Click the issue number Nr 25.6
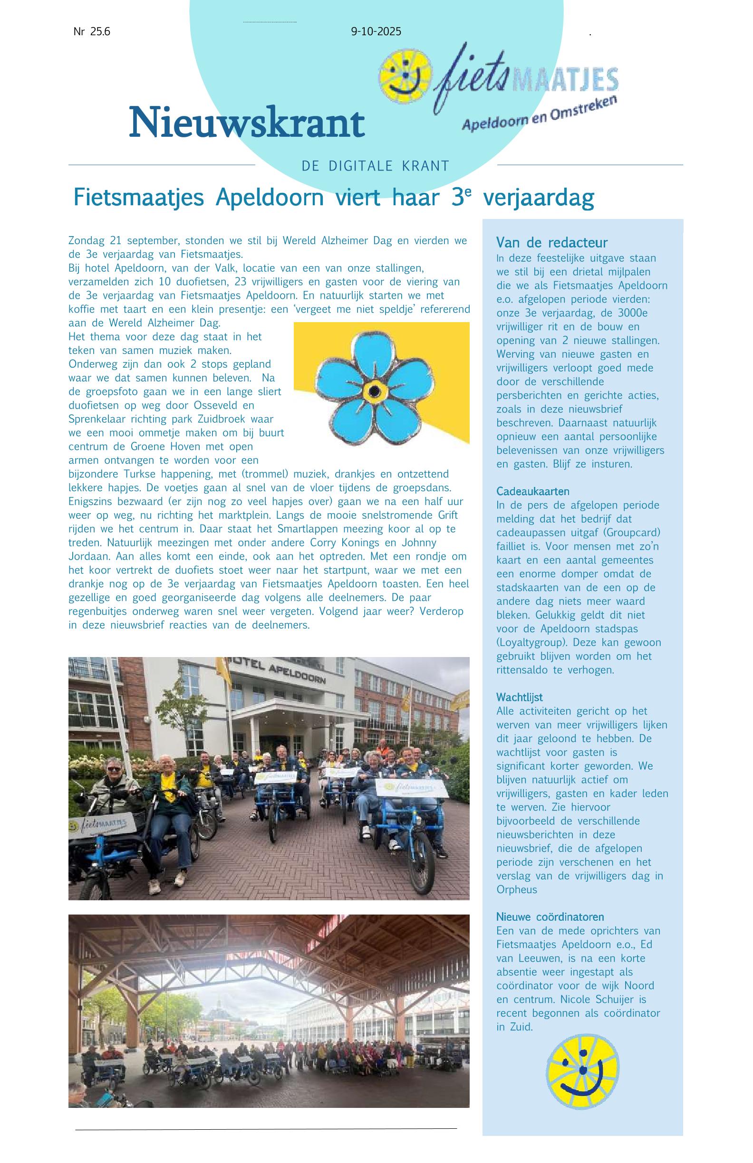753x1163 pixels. click(92, 32)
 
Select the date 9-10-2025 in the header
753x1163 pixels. click(376, 32)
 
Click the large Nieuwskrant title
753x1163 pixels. click(246, 122)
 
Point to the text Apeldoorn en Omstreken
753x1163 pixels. click(540, 113)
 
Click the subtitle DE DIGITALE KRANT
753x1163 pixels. click(375, 166)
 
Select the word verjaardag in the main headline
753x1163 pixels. click(538, 198)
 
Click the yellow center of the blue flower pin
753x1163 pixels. click(375, 391)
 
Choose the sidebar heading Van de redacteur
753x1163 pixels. click(551, 242)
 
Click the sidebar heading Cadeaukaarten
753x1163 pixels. click(532, 491)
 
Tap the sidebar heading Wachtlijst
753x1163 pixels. click(519, 697)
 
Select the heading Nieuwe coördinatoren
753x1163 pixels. click(550, 917)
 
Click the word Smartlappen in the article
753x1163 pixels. click(309, 529)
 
